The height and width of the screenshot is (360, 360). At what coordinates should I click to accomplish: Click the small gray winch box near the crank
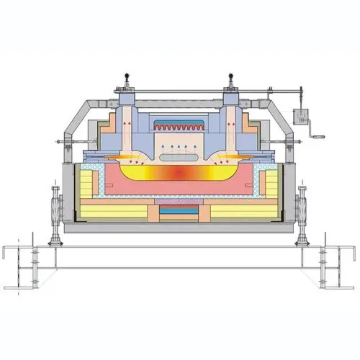pos(297,115)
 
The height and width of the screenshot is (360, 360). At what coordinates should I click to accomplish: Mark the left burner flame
pos(130,154)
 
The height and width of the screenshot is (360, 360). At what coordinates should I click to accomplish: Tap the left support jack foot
pos(55,243)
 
